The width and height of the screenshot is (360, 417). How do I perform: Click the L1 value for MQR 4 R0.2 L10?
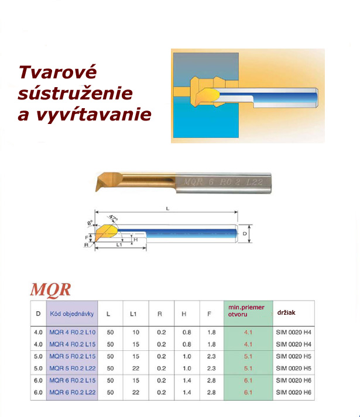[136, 332]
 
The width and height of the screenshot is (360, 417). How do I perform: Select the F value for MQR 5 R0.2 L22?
[211, 368]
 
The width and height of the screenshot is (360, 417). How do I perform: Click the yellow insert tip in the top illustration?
[209, 94]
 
